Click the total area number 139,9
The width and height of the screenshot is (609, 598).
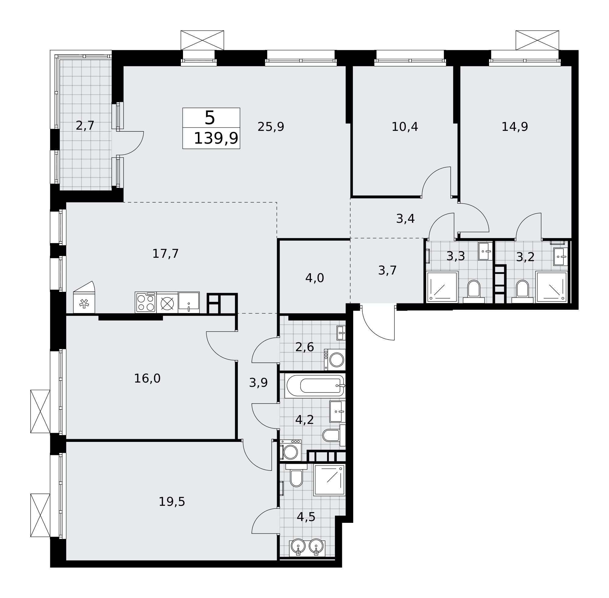216,138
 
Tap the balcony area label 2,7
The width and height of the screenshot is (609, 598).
85,126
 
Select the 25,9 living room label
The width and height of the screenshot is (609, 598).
271,127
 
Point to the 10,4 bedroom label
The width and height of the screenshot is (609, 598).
404,127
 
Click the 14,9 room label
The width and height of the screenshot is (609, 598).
514,127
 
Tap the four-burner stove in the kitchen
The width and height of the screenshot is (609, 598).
146,302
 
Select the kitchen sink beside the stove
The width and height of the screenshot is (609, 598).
188,302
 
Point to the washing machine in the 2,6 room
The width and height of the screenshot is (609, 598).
335,360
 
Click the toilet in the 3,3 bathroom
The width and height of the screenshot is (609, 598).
473,291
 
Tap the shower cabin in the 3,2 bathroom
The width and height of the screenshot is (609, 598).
551,287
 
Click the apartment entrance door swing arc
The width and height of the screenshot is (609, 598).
372,330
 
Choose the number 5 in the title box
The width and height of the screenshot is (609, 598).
209,118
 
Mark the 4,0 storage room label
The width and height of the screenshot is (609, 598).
315,278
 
